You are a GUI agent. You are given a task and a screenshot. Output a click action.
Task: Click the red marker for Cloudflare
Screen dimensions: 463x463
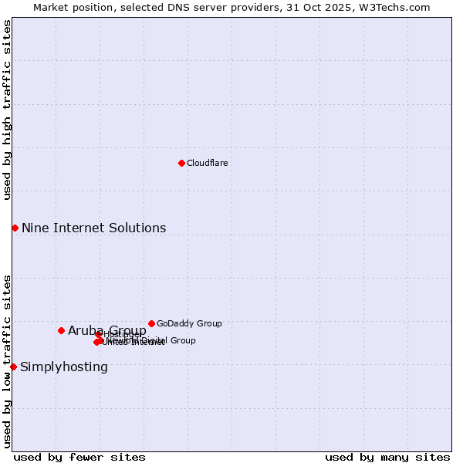point(181,163)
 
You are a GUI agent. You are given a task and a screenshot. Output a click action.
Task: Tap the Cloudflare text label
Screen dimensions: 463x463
point(208,163)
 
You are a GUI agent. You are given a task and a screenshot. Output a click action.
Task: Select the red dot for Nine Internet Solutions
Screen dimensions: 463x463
point(15,228)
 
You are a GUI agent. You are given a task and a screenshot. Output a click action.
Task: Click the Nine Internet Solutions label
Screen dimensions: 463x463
point(93,228)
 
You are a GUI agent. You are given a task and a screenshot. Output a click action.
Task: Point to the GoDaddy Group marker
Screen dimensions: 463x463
point(151,323)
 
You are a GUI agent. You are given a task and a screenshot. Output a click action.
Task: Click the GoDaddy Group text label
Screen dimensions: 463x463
point(189,323)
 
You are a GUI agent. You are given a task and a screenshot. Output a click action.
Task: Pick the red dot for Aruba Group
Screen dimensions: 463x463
point(61,330)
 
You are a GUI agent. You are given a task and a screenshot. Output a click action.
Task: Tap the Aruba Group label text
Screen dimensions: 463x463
point(106,330)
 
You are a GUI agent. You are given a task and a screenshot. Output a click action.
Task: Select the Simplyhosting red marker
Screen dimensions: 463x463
point(13,367)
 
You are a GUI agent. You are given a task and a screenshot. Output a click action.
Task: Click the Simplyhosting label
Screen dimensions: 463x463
point(64,367)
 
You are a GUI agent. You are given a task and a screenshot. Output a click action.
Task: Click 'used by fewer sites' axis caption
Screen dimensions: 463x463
point(79,457)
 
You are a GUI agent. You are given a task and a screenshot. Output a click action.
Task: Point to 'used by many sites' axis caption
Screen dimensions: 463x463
point(387,457)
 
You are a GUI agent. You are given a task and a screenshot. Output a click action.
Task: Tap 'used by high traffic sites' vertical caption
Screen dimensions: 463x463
point(7,110)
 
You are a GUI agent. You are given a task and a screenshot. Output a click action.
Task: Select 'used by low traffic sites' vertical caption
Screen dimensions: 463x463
point(7,360)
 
